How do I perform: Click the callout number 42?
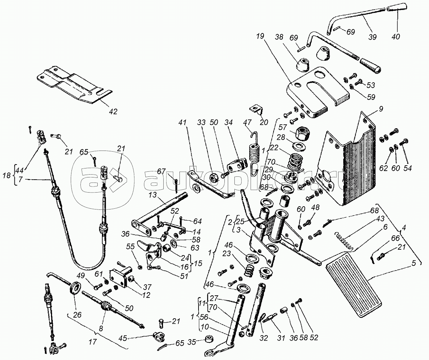(113, 111)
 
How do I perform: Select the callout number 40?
(396, 36)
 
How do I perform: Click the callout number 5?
(414, 263)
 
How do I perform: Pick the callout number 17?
(92, 342)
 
